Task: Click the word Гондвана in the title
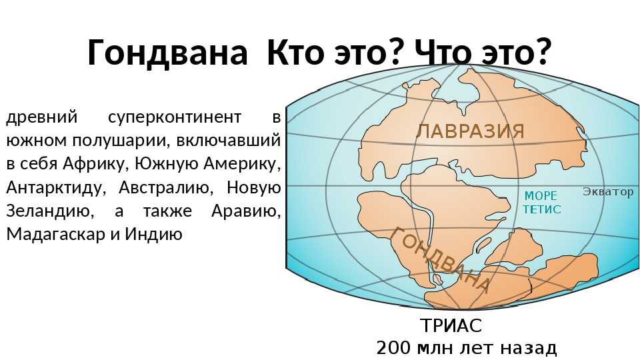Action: [167, 52]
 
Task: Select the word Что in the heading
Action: [443, 52]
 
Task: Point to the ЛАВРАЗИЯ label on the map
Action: [470, 131]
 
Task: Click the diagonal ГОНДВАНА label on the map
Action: [439, 259]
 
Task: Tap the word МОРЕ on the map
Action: [541, 196]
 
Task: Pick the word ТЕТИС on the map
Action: [542, 209]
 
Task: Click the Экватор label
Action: [608, 191]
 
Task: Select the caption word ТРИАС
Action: [451, 325]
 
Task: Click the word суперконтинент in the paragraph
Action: [175, 117]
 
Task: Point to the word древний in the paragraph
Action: [41, 117]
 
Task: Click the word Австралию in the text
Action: [166, 188]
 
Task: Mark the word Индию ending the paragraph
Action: [153, 235]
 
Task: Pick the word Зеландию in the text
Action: [48, 211]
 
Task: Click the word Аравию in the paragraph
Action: [246, 211]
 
